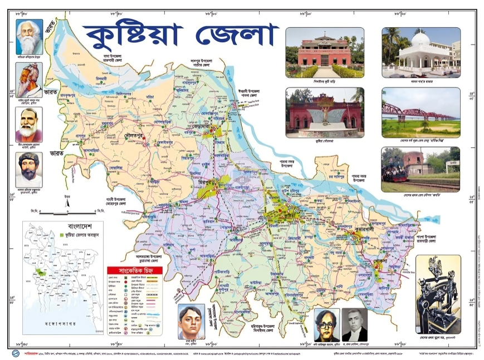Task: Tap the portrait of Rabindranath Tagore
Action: tap(28, 37)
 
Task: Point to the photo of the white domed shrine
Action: tap(421, 52)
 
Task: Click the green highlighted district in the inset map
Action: tap(41, 273)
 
